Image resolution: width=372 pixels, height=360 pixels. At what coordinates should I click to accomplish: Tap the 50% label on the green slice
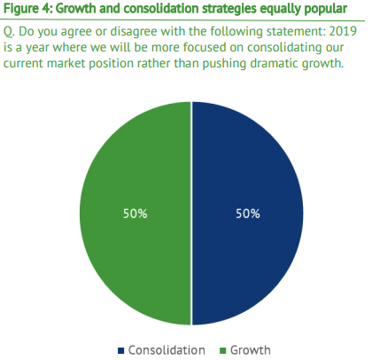136,214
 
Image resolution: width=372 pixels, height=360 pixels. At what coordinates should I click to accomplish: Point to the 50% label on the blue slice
248,214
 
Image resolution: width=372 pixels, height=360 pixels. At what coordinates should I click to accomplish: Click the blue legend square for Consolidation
120,350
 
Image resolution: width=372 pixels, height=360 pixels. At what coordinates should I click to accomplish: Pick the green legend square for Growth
223,350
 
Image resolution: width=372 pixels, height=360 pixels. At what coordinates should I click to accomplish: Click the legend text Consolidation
167,350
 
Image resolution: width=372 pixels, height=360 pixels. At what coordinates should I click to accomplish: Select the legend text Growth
251,350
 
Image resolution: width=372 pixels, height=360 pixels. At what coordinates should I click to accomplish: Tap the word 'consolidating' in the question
287,48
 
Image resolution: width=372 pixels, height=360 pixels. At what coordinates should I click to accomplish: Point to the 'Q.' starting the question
9,32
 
